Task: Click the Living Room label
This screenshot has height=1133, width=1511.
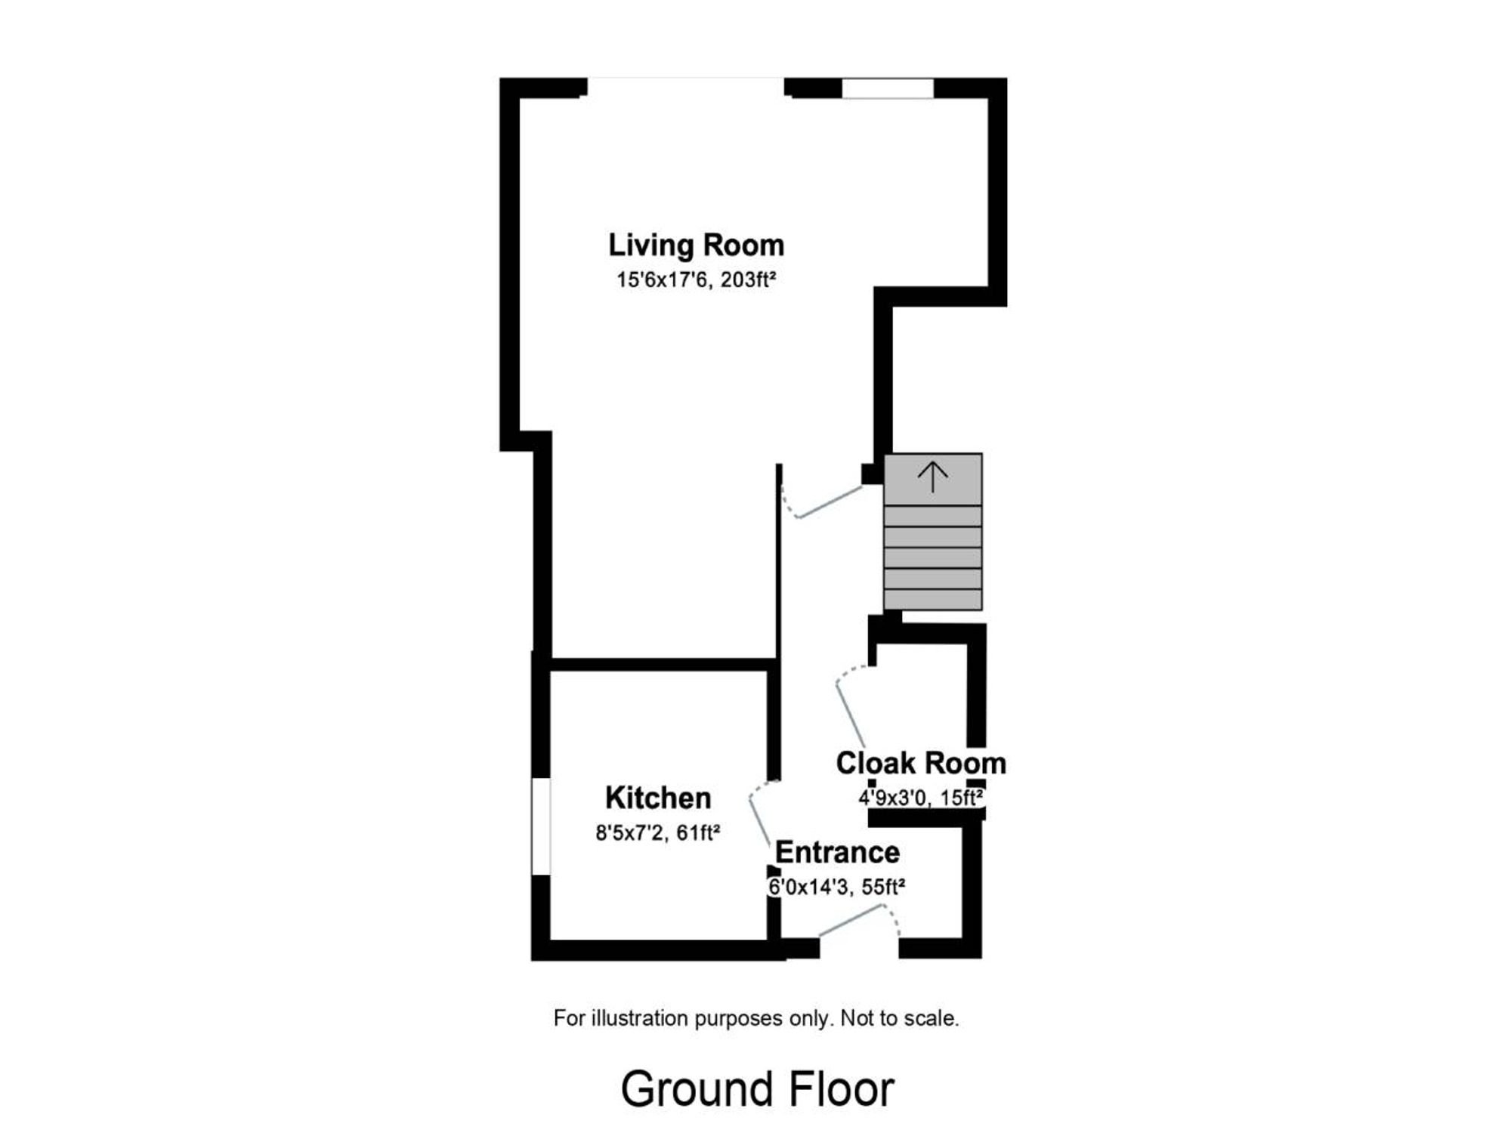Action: point(696,245)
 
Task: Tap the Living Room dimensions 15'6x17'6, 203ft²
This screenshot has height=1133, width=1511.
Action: point(696,280)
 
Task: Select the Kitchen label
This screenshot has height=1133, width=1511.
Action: point(657,798)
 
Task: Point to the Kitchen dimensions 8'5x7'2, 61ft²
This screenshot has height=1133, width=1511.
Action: point(657,832)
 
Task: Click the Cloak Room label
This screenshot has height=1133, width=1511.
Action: point(921,763)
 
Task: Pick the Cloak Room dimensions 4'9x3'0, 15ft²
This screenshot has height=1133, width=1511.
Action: point(920,798)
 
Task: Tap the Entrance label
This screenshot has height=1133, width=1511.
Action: point(837,852)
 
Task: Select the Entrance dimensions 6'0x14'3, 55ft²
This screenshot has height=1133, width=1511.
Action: point(836,887)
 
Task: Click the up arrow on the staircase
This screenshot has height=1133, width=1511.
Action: point(933,477)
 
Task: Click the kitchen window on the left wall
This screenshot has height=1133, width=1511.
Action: point(540,826)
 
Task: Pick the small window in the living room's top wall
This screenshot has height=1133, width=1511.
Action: point(888,88)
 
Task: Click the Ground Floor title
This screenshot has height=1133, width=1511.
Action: point(757,1089)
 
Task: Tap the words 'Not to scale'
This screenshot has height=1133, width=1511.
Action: point(899,1018)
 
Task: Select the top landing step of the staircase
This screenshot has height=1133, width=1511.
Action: point(933,480)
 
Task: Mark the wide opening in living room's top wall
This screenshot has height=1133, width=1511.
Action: point(686,88)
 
